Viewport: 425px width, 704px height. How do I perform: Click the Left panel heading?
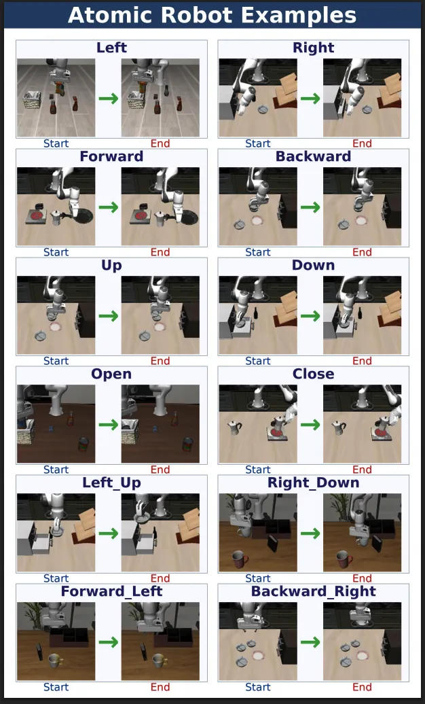(x=111, y=48)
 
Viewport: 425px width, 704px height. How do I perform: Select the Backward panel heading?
(x=313, y=156)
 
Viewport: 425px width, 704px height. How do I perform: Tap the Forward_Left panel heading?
(x=111, y=591)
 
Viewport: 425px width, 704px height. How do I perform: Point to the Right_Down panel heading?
(x=313, y=482)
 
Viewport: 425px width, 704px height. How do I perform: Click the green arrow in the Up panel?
(x=108, y=316)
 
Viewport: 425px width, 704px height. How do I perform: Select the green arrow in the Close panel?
(x=310, y=425)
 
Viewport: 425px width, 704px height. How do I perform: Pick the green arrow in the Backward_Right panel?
(x=310, y=642)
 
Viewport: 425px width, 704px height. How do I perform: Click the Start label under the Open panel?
(x=56, y=470)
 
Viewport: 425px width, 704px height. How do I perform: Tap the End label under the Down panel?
(x=362, y=361)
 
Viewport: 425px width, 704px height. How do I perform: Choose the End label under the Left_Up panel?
(x=160, y=578)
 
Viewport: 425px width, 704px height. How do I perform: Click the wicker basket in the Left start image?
(x=32, y=100)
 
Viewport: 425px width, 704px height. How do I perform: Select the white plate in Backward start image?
(x=257, y=220)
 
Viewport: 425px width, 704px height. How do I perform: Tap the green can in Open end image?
(x=187, y=445)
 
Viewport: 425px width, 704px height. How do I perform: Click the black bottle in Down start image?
(x=256, y=313)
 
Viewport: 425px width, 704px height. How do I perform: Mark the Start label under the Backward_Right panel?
(x=257, y=687)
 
